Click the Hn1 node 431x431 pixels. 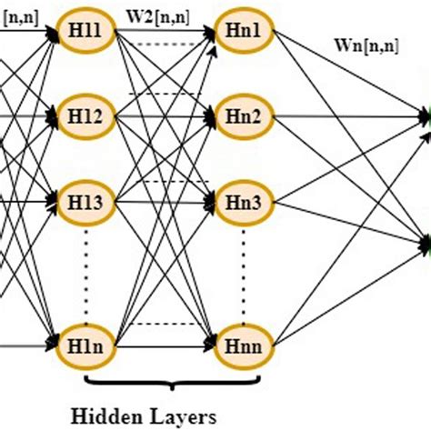(x=242, y=31)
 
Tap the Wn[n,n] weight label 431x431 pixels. (x=360, y=65)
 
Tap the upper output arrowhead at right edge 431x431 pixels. (x=425, y=116)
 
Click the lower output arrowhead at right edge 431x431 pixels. (x=425, y=242)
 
